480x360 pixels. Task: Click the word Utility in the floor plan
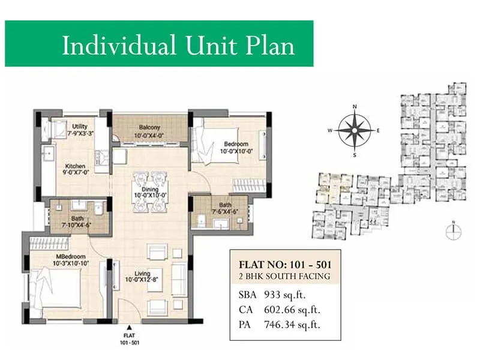tap(80, 126)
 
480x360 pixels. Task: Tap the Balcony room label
tap(149, 128)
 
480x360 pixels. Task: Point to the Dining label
tap(149, 188)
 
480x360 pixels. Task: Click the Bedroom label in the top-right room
tap(236, 144)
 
